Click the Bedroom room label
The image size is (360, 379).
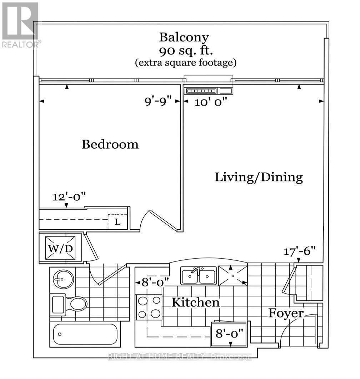click(110, 144)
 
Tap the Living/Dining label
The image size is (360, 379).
click(259, 177)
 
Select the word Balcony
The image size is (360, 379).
click(184, 38)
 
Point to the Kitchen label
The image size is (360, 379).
click(196, 302)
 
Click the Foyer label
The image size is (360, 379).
click(286, 314)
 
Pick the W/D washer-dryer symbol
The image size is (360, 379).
click(60, 248)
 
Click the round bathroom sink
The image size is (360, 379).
click(63, 279)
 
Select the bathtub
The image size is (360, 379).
click(85, 334)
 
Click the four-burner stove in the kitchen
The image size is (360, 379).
click(149, 307)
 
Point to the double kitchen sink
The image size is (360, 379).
click(199, 275)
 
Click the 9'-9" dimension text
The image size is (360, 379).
click(158, 101)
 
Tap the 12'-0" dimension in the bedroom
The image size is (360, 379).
click(69, 196)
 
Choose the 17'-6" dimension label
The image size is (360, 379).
click(300, 251)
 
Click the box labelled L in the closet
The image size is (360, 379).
click(117, 221)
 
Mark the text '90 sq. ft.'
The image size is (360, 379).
click(186, 51)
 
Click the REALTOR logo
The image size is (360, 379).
click(21, 25)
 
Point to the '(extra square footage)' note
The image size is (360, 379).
click(186, 63)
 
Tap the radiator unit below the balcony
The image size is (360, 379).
click(208, 91)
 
